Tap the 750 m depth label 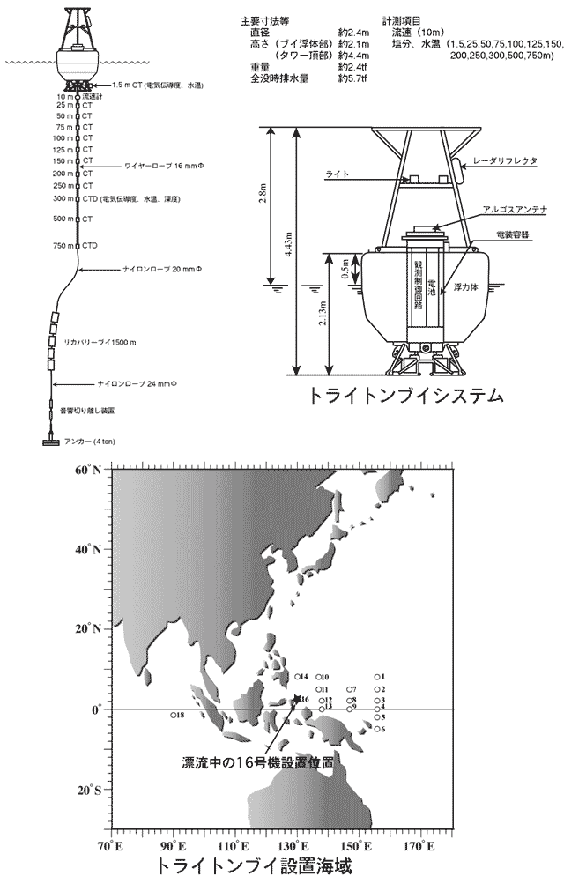click(62, 245)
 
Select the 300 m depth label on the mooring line click(62, 200)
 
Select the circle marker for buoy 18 click(174, 715)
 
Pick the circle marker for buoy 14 click(297, 676)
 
